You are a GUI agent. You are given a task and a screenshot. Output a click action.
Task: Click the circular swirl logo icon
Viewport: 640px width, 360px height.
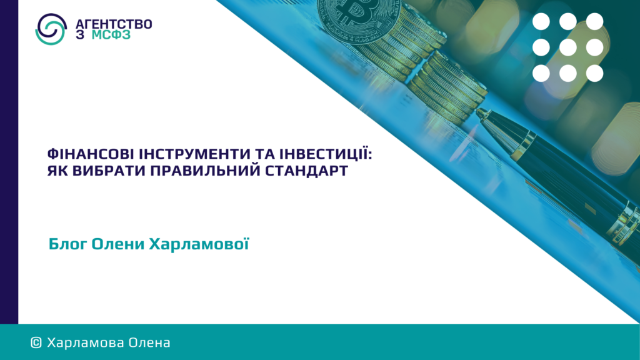[x=51, y=29]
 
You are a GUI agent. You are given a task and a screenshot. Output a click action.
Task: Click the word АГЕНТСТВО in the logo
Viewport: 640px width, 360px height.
[x=114, y=24]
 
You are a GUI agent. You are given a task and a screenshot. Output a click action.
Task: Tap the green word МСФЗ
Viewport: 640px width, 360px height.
[x=111, y=35]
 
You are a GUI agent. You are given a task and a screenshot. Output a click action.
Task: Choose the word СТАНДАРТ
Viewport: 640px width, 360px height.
[x=306, y=171]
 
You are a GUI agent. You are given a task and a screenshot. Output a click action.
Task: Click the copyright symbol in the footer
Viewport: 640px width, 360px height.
[x=36, y=343]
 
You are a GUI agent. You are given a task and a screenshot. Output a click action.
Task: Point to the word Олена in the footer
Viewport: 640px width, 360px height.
[x=149, y=343]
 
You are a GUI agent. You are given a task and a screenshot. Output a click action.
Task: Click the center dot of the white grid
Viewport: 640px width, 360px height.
[x=567, y=47]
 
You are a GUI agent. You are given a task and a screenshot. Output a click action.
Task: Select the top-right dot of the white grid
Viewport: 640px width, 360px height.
[x=595, y=21]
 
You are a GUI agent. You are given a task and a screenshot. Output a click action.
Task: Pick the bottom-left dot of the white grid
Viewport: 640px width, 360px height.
[x=541, y=74]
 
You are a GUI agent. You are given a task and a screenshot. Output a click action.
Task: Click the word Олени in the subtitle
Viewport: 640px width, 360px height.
[x=118, y=244]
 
